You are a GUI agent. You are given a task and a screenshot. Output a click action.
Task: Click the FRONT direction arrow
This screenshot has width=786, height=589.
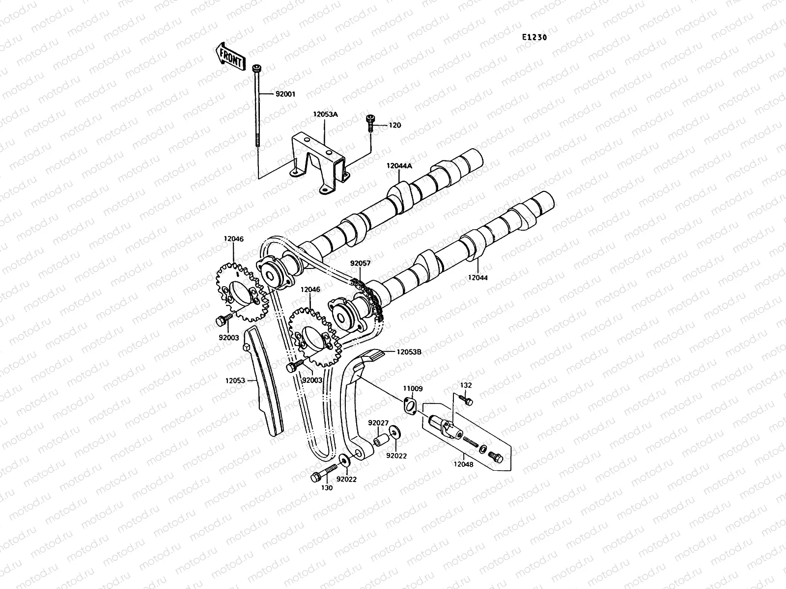click(x=229, y=56)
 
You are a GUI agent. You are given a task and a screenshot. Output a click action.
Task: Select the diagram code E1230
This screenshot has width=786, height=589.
click(x=534, y=37)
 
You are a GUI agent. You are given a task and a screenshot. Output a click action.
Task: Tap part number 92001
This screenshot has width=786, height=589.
click(x=285, y=94)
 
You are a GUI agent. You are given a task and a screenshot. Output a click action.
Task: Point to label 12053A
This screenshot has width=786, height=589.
click(x=325, y=114)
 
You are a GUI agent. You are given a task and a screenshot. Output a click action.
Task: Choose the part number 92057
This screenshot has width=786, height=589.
click(x=360, y=263)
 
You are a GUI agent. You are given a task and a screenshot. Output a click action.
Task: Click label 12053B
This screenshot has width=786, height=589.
click(x=409, y=351)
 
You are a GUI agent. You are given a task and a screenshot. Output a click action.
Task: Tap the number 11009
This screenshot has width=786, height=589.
click(x=413, y=388)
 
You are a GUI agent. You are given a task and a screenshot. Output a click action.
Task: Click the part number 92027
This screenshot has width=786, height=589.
click(x=378, y=423)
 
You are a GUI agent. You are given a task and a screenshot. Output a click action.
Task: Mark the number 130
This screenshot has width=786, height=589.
click(x=327, y=487)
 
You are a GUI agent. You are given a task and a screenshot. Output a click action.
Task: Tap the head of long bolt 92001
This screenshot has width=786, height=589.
click(x=256, y=68)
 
